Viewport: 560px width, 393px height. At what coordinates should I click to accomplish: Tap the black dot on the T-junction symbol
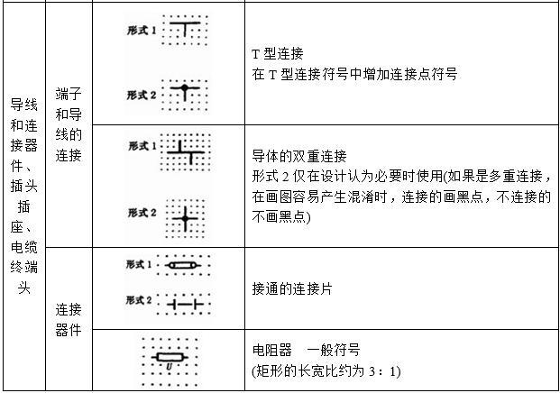coord(184,87)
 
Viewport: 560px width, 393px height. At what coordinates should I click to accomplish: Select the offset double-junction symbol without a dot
coord(186,152)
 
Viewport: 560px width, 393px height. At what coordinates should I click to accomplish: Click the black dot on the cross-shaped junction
coord(185,218)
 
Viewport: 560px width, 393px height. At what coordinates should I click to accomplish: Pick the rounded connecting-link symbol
coord(182,265)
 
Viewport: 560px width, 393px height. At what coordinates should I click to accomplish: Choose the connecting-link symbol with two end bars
coord(185,305)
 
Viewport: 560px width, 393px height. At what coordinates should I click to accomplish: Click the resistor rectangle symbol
coord(170,357)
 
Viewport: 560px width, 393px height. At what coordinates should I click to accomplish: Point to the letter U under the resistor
coord(170,366)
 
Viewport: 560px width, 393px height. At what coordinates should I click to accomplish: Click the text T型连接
coord(278,54)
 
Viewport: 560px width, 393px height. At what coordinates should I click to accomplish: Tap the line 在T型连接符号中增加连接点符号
coord(354,74)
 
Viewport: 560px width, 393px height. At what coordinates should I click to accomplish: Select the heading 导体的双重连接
coord(299,156)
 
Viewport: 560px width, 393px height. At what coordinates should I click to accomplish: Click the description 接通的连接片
coord(292,288)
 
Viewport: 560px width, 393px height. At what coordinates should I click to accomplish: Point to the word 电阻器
coord(271,350)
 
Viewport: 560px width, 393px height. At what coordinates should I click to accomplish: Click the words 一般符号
coord(334,350)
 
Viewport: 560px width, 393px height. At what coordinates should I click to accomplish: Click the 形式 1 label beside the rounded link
coord(139,264)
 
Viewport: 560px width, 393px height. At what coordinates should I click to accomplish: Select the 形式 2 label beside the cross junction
coord(142,213)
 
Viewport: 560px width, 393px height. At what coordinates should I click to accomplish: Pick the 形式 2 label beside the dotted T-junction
coord(142,95)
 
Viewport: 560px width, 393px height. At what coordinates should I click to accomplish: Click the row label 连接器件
coord(69,319)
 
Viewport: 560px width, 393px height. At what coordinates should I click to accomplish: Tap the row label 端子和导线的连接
coord(69,124)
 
